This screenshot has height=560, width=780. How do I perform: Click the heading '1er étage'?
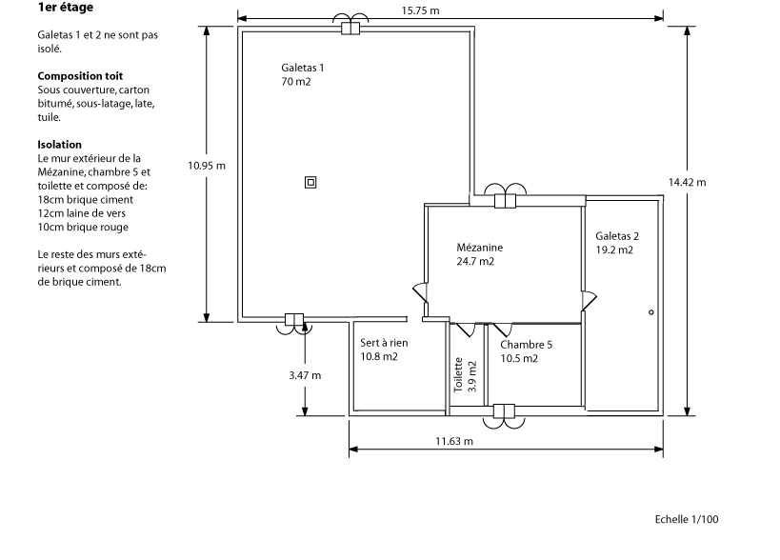click(66, 8)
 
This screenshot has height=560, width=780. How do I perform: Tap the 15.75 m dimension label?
click(421, 10)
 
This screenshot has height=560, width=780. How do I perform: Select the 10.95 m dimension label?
click(207, 165)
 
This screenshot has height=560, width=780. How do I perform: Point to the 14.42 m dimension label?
click(687, 181)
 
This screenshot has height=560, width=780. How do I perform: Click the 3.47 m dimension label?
click(305, 375)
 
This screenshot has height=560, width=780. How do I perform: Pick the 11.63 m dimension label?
click(454, 442)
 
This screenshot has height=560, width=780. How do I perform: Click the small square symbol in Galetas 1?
click(310, 183)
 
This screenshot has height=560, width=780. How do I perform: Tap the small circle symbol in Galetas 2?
click(651, 312)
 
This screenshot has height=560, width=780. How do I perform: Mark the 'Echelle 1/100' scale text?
click(687, 519)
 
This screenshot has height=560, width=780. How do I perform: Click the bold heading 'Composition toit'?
click(80, 75)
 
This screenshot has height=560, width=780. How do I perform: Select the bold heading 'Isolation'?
click(60, 145)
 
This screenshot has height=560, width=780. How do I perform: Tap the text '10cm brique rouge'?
click(83, 227)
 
